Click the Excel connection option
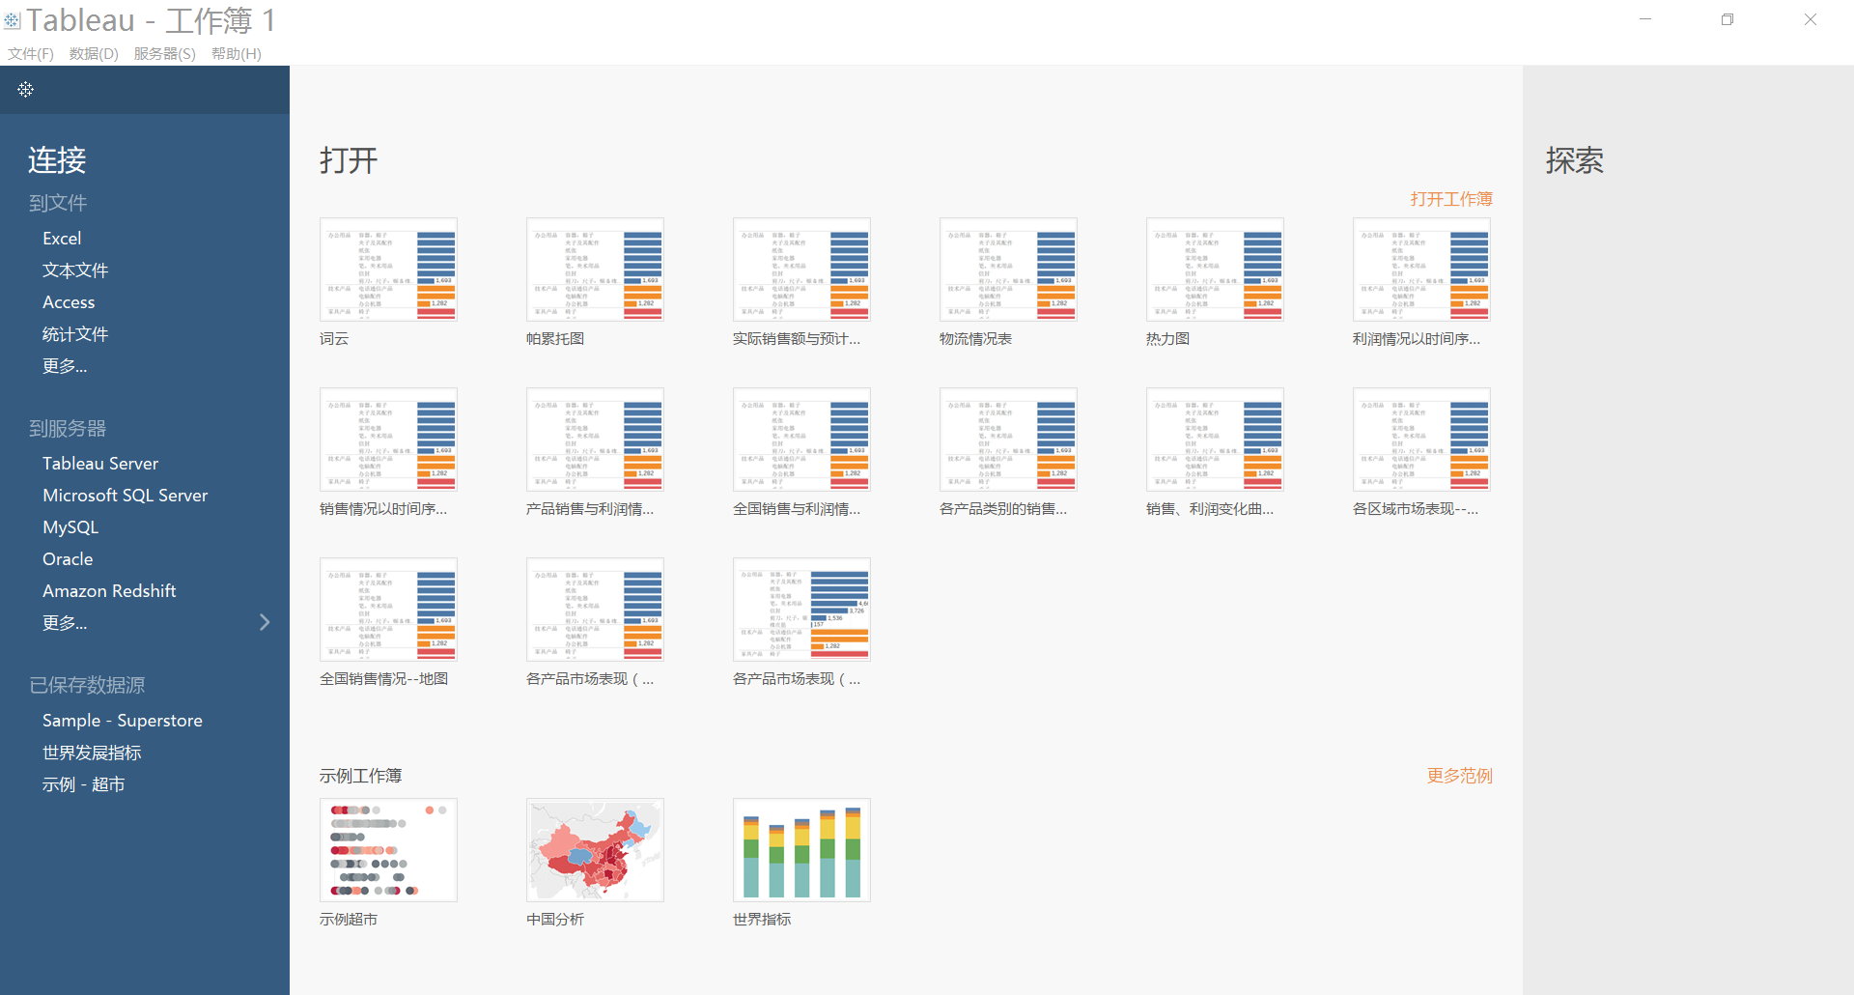(x=62, y=239)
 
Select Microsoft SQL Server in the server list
(x=125, y=496)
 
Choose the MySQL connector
(x=70, y=527)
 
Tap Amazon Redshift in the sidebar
(x=109, y=591)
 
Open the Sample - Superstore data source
(x=122, y=721)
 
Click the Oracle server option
(x=68, y=559)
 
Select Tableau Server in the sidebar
(x=100, y=464)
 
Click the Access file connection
(x=69, y=302)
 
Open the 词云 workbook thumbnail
(x=388, y=270)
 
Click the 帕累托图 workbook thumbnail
(x=595, y=270)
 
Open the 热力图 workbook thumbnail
(x=1215, y=270)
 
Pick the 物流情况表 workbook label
(x=975, y=339)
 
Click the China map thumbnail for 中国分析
(x=595, y=850)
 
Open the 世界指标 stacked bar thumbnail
(x=801, y=850)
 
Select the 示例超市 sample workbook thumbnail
(x=388, y=850)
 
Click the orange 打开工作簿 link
(x=1450, y=199)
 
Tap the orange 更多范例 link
(x=1459, y=776)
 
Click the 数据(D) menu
(x=94, y=54)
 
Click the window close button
(x=1811, y=19)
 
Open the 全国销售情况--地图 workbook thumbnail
(x=388, y=610)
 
